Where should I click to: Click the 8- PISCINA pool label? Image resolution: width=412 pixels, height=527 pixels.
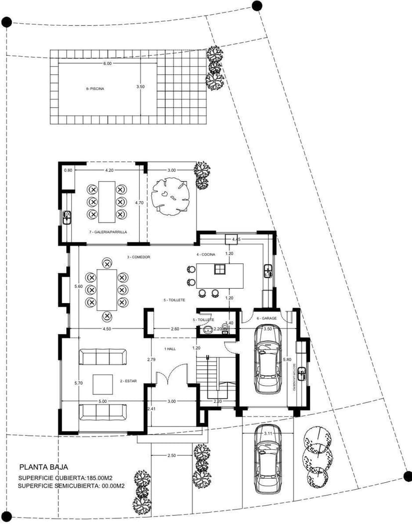coord(94,89)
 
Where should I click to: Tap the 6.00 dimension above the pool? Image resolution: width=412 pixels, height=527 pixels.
coord(107,64)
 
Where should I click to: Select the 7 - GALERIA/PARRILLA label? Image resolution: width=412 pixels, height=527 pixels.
coord(108,232)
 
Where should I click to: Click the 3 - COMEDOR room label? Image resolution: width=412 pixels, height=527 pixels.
coord(139,257)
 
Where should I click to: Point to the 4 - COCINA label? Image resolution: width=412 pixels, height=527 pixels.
coord(206,254)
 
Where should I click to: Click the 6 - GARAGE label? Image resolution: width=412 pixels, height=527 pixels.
coord(263,318)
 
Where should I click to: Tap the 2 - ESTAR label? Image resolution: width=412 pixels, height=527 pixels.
coord(128,382)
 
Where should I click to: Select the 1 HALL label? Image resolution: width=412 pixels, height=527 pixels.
coord(170,349)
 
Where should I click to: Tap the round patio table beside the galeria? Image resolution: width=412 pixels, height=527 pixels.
coord(172,196)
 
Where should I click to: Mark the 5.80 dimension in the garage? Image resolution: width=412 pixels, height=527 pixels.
coord(287,359)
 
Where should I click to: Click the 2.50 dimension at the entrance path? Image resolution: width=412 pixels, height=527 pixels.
coord(171,456)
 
